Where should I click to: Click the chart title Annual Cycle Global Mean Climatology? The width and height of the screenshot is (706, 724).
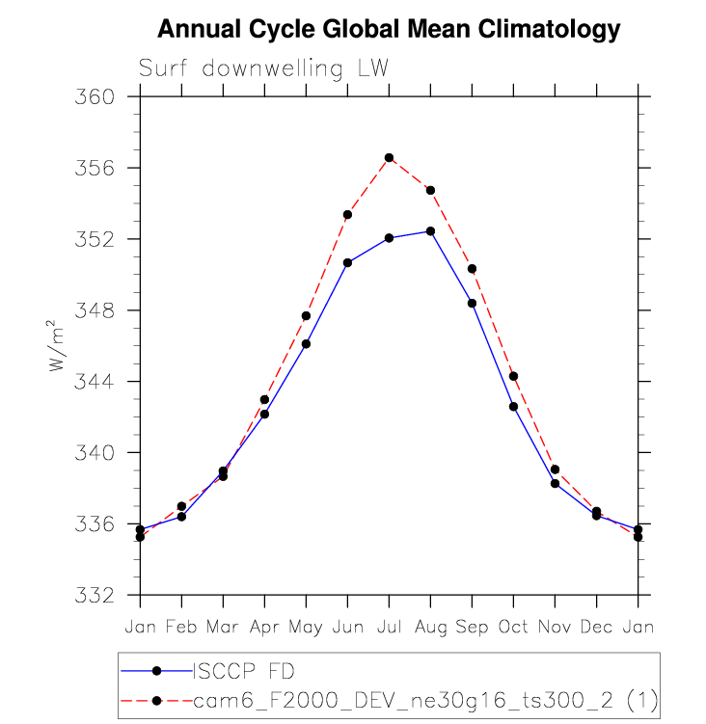pos(389,30)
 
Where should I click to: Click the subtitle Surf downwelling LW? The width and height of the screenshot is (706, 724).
pos(263,69)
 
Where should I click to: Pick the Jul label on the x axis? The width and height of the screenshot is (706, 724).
pos(389,627)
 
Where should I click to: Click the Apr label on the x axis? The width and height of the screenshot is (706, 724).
pos(264,627)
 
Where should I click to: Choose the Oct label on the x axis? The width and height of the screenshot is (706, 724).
pos(513,627)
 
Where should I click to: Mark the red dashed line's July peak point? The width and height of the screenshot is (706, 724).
pos(389,157)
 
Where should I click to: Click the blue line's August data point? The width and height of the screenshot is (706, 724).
pos(430,231)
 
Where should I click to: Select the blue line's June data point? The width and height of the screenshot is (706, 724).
pos(347,262)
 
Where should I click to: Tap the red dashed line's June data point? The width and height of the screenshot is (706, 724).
pos(347,214)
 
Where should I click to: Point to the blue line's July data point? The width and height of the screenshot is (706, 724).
pos(389,237)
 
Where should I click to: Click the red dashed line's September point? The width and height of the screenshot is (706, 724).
pos(472,268)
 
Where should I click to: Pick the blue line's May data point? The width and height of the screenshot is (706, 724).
pos(306,343)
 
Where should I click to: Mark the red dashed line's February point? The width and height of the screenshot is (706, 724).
pos(181,506)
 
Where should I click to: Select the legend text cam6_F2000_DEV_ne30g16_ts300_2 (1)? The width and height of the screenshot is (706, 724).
pos(425,699)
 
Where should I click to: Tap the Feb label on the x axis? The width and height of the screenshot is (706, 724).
pos(181,627)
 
